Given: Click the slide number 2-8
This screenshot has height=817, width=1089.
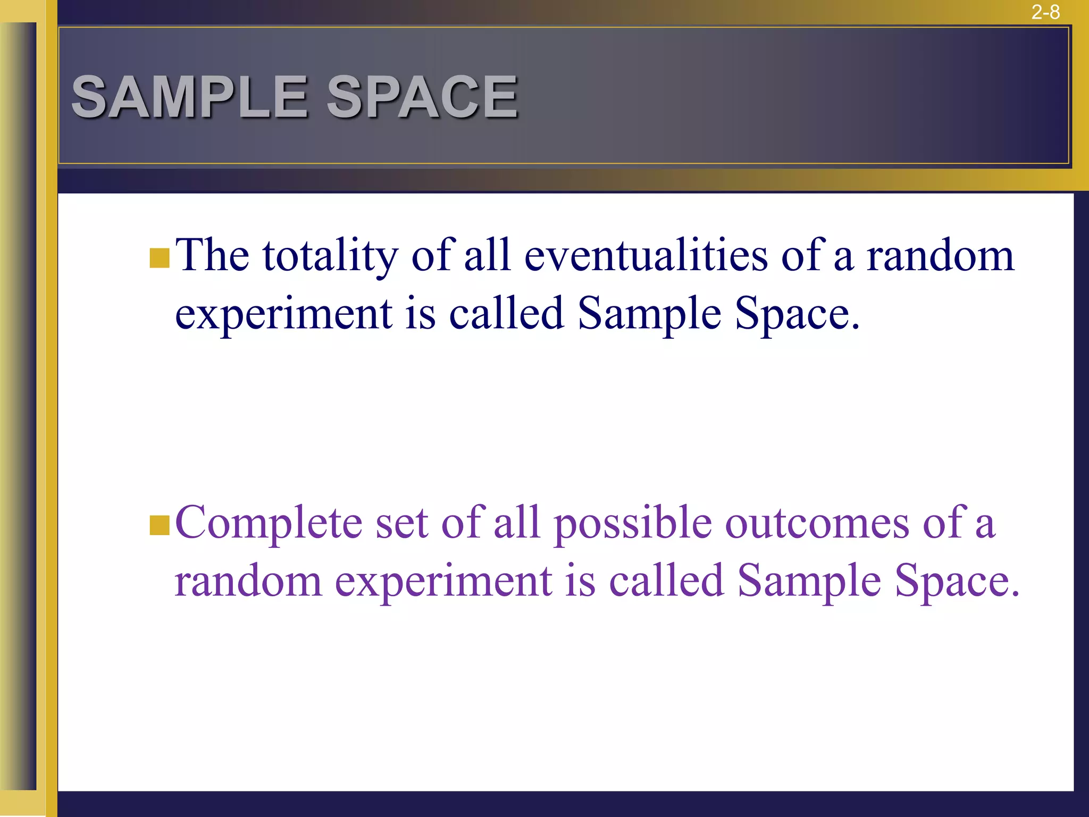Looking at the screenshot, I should pos(1045,12).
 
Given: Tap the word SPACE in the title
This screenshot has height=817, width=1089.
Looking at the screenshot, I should pos(422,97).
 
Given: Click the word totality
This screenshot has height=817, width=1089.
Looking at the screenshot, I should pos(330,256).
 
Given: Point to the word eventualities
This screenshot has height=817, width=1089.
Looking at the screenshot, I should pos(646,256).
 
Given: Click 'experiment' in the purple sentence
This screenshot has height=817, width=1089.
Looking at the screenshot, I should pos(443,582).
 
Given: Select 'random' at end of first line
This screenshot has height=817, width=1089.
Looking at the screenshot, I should pos(940,256).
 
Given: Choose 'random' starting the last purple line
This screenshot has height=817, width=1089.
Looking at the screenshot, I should pos(248,582).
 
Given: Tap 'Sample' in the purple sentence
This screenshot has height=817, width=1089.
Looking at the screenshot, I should pos(809,582).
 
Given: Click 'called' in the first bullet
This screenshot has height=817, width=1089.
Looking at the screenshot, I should pos(506,314).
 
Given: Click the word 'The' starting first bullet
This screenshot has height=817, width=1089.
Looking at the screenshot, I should pos(212,256).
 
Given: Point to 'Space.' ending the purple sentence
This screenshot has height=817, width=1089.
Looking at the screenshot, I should pos(957,582).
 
